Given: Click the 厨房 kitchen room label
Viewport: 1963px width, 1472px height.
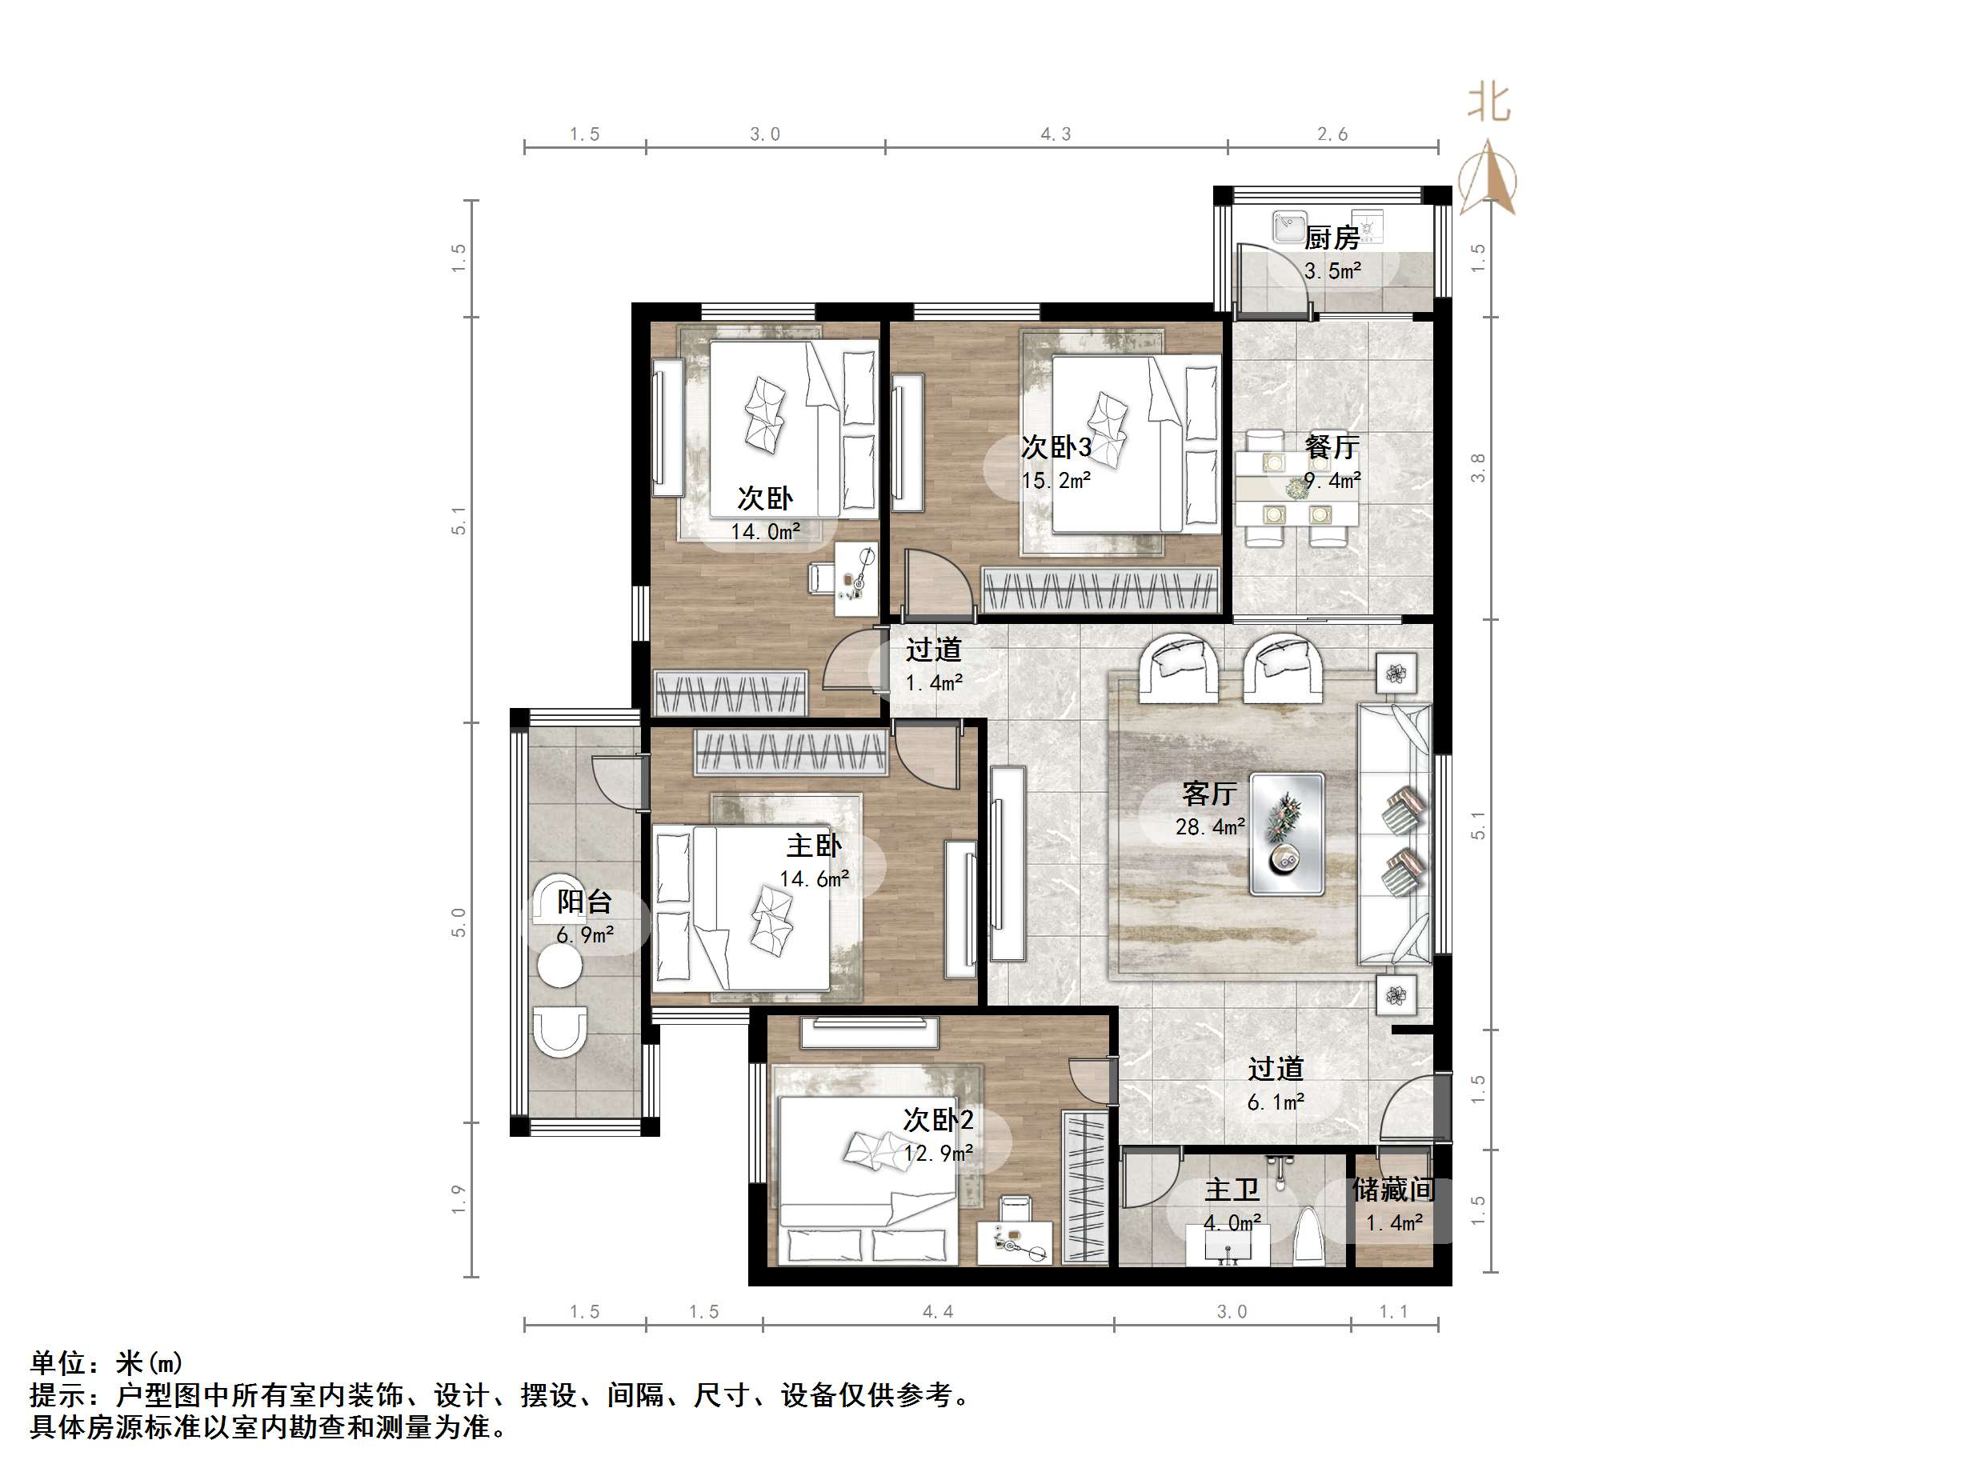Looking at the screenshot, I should click(x=1331, y=238).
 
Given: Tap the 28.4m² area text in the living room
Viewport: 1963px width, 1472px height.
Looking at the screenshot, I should click(x=1210, y=827).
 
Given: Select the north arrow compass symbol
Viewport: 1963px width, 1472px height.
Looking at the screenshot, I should click(x=1488, y=178).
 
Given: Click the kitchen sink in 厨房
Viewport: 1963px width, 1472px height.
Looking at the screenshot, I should click(x=1288, y=226).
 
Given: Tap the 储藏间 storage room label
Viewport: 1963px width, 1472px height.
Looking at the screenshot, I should click(x=1393, y=1190).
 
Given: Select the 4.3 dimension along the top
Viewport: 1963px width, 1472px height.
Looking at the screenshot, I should click(x=1056, y=134).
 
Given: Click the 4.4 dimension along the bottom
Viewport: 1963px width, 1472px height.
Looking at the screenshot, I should click(x=937, y=1311).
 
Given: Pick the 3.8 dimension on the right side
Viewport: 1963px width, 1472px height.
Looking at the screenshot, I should click(x=1477, y=467).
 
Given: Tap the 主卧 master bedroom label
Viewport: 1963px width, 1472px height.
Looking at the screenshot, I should click(x=814, y=846).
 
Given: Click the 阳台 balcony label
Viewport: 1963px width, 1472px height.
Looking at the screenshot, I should click(x=584, y=902).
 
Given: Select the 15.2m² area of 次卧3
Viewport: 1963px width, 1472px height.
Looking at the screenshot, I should click(x=1056, y=481).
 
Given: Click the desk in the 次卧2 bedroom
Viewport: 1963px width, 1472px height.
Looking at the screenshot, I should click(x=1015, y=1242).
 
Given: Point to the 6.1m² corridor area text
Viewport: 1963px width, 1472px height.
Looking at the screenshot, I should click(x=1276, y=1103).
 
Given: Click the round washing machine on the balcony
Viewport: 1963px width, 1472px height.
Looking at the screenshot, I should click(x=560, y=966).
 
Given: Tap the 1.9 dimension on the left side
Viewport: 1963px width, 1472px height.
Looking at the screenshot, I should click(x=458, y=1200).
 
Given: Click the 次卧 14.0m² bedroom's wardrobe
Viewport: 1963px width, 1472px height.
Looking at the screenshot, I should click(x=731, y=693).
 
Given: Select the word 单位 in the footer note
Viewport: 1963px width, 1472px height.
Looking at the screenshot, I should click(x=58, y=1362).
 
